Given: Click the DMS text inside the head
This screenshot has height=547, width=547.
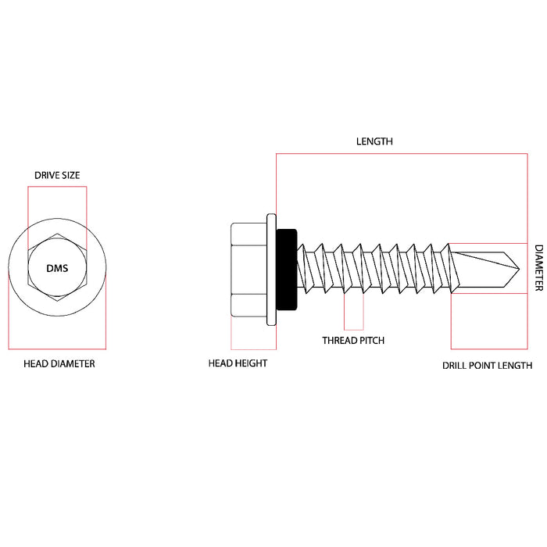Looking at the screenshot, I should (57, 268).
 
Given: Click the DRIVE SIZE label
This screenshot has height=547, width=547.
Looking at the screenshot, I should (57, 175).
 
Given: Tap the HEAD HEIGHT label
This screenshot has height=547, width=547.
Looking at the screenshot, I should (238, 363).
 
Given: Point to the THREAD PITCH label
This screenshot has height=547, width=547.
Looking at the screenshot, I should (353, 340).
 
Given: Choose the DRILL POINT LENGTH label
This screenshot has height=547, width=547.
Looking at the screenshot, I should (487, 365).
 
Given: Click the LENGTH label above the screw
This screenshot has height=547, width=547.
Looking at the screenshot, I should (374, 142).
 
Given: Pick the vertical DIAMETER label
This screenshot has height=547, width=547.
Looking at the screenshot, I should (538, 268).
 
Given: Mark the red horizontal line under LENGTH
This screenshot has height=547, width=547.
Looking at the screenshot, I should (402, 155).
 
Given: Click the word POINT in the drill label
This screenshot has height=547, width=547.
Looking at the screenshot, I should (487, 365).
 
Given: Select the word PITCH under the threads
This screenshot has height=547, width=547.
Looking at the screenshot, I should (370, 340).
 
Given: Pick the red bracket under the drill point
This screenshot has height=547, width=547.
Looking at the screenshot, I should (490, 348).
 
